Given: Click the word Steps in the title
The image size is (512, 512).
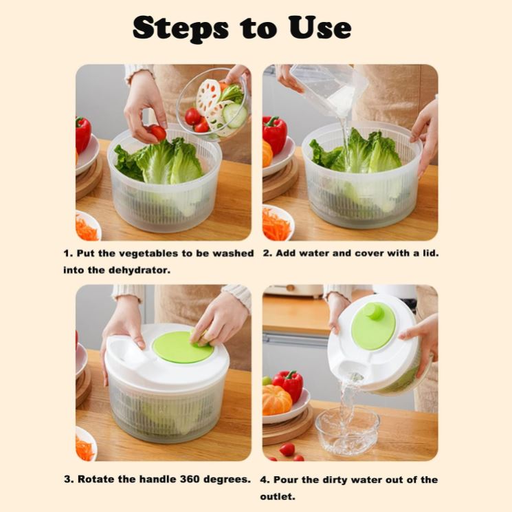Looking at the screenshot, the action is pyautogui.click(x=181, y=29).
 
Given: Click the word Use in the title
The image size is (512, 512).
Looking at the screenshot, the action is pyautogui.click(x=320, y=28).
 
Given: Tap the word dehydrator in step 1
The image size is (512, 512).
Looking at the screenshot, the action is pyautogui.click(x=139, y=270).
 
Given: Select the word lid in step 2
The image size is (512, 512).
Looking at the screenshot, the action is pyautogui.click(x=430, y=253).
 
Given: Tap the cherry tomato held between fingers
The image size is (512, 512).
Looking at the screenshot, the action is pyautogui.click(x=158, y=132).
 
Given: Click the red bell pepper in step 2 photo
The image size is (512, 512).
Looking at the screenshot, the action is pyautogui.click(x=275, y=134).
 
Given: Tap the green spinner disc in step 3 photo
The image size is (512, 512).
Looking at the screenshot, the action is pyautogui.click(x=183, y=348).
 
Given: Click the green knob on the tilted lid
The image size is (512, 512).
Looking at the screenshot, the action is pyautogui.click(x=374, y=311).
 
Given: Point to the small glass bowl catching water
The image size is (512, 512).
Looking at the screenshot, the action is pyautogui.click(x=348, y=430).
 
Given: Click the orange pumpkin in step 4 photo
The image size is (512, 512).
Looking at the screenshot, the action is pyautogui.click(x=276, y=400).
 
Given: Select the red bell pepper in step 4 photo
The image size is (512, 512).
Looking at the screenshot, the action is pyautogui.click(x=289, y=385).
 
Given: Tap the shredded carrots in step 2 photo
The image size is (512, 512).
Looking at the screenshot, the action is pyautogui.click(x=276, y=224).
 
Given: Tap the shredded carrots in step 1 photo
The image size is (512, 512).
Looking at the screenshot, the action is pyautogui.click(x=87, y=228).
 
